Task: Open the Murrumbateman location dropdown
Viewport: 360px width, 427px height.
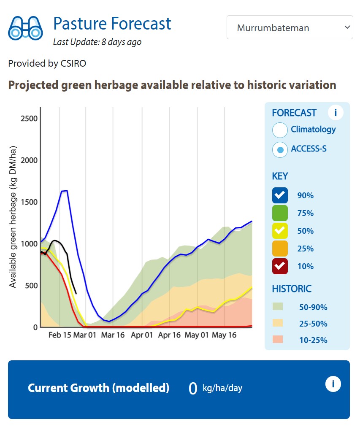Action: tap(290, 28)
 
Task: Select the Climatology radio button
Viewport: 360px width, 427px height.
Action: tap(280, 130)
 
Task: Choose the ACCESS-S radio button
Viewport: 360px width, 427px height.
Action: tap(280, 149)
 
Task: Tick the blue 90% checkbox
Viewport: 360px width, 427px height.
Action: tap(280, 195)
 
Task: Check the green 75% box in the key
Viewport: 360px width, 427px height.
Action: tap(280, 213)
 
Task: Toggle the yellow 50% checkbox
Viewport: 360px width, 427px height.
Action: tap(280, 231)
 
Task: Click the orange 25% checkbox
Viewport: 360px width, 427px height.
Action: tap(280, 249)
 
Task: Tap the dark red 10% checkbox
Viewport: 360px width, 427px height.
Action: tap(280, 266)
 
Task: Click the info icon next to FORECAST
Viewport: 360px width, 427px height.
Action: tap(336, 113)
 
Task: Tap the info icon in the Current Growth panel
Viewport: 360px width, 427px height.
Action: tap(333, 384)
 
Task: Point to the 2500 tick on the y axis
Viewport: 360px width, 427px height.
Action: tap(29, 119)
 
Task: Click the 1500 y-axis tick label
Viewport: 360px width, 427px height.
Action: tap(29, 202)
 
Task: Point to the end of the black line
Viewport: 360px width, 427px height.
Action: tap(76, 293)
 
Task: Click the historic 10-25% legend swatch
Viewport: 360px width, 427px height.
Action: tap(278, 340)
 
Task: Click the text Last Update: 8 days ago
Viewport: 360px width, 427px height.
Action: tap(97, 42)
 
